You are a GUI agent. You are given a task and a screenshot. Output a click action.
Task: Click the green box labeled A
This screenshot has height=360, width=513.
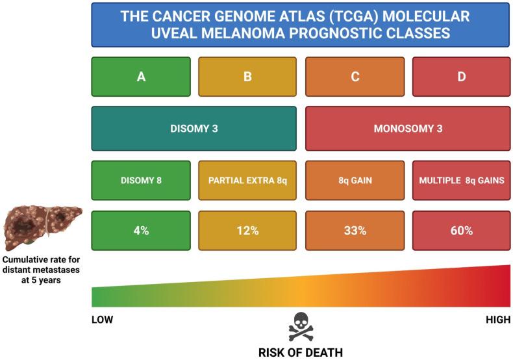tap(141, 77)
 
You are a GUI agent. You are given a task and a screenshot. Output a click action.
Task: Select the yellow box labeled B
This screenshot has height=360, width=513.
tap(247, 77)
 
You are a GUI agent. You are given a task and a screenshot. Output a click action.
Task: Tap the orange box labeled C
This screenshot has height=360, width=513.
tap(355, 77)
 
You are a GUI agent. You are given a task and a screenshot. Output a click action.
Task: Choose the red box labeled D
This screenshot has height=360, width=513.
tap(461, 77)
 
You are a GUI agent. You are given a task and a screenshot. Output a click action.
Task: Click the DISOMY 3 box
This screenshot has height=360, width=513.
tap(194, 128)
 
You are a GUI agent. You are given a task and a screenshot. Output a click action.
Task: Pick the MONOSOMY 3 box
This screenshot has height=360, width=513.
tap(408, 128)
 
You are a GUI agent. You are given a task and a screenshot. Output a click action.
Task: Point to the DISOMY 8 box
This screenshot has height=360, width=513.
tap(141, 179)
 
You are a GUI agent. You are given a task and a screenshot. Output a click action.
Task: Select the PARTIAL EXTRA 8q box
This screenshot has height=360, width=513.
tap(247, 179)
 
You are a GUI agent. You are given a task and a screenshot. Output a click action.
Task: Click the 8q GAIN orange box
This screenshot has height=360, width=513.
tap(355, 179)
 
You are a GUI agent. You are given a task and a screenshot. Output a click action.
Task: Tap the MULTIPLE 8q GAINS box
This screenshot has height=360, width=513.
tap(461, 179)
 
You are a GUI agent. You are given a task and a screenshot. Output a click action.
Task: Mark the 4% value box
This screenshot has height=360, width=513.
tap(141, 231)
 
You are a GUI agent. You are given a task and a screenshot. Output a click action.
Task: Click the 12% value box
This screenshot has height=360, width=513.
tap(247, 231)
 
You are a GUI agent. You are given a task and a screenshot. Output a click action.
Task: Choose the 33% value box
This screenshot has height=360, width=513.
tap(355, 231)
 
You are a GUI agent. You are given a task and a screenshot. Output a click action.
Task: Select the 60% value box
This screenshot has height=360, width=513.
tap(461, 231)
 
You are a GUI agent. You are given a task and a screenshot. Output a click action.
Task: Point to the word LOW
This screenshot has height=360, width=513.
tap(104, 320)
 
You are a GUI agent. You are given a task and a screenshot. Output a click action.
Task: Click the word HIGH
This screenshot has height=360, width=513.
tap(498, 320)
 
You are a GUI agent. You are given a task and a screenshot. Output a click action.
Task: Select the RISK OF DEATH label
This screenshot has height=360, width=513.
tap(301, 353)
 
